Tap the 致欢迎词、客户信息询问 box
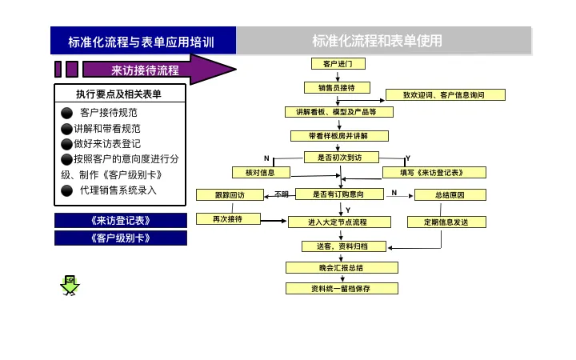446,94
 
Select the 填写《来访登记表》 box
434,172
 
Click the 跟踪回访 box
230,194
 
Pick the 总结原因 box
450,194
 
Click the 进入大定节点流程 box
338,222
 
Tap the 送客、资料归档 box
345,246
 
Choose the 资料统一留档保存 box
342,288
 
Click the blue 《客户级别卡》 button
121,238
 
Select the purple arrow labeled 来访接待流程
152,70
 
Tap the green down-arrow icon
70,284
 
